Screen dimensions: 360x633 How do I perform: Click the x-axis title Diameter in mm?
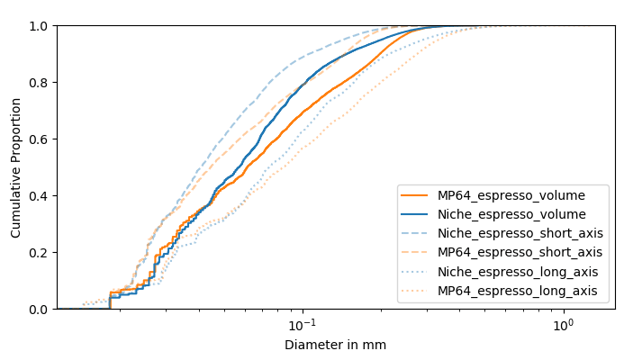coord(335,345)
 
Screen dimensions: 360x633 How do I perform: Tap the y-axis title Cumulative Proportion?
coord(16,167)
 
